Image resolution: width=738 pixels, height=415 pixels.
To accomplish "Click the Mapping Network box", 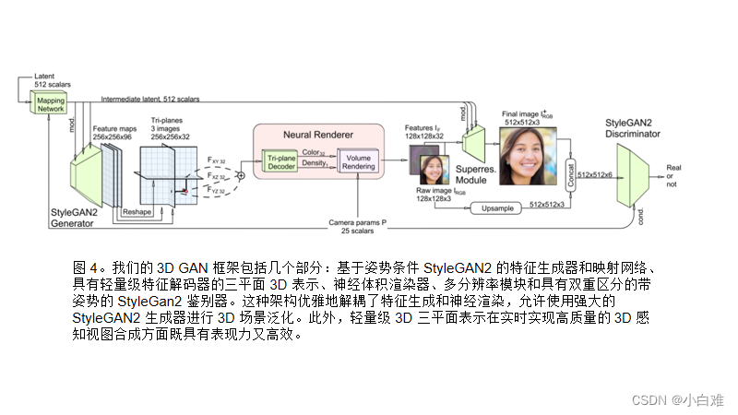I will point(52,104).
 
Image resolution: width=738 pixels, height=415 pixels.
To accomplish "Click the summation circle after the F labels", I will point(241,174).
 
